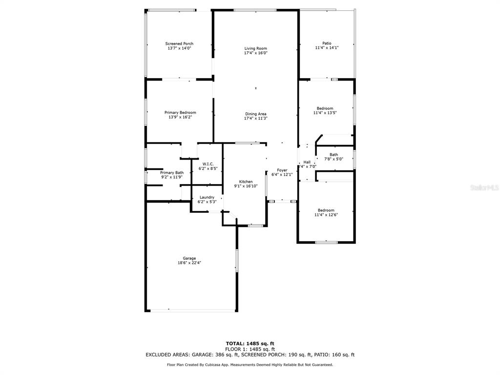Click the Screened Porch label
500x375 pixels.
point(179,43)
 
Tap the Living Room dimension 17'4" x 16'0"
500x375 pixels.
point(256,53)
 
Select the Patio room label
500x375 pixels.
point(327,43)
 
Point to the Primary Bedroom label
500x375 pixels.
point(180,113)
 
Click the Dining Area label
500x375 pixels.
point(256,114)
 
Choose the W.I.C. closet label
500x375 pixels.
point(208,164)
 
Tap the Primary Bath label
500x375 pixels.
point(172,172)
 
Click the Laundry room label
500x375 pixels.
point(207,197)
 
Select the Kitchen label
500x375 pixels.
point(246,182)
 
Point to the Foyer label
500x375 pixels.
point(282,170)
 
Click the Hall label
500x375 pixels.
point(307,162)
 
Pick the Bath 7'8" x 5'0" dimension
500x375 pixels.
point(334,159)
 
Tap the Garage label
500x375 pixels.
point(189,258)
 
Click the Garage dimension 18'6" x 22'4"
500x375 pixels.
point(189,263)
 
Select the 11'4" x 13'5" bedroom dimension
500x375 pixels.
point(325,113)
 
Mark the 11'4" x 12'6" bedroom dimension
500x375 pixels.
point(326,215)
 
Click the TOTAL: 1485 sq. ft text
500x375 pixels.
point(250,343)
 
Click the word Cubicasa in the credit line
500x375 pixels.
point(212,365)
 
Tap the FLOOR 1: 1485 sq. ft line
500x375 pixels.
point(250,349)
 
